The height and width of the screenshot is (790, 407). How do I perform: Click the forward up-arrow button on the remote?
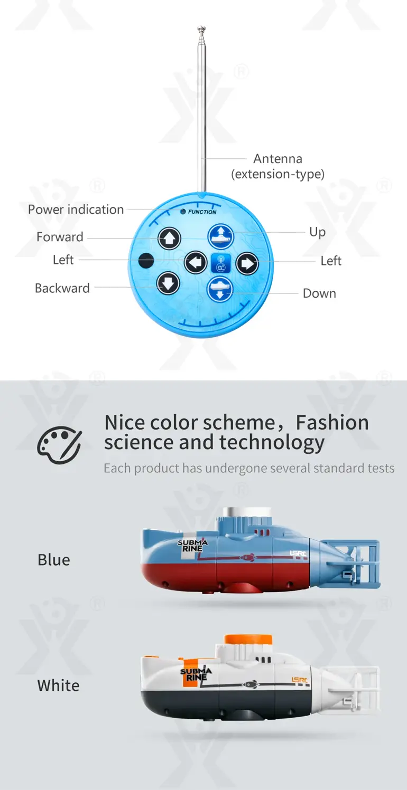click(170, 239)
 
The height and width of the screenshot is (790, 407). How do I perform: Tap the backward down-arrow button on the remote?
click(168, 283)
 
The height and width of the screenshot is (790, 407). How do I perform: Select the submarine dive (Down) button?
click(220, 290)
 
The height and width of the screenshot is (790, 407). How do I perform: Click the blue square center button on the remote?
click(221, 263)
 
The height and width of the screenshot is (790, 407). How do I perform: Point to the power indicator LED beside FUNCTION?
click(183, 212)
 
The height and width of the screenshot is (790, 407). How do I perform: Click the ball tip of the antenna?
click(201, 28)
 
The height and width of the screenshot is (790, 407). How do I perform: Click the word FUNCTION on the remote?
click(202, 212)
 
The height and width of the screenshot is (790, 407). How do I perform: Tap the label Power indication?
click(76, 210)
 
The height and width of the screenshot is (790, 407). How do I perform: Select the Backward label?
click(62, 288)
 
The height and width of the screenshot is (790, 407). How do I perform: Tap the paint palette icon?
click(59, 445)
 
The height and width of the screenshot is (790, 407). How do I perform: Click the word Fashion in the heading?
click(332, 423)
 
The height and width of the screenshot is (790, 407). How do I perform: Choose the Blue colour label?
click(54, 560)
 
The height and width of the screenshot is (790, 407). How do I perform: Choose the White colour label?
click(58, 686)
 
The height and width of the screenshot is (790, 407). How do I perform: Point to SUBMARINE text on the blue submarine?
click(192, 546)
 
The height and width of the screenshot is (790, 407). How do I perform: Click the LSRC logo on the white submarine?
click(300, 680)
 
